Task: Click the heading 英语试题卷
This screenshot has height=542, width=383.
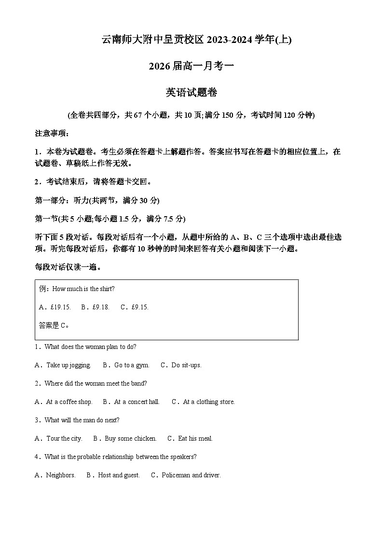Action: (191, 93)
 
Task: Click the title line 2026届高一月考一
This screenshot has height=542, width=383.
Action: (191, 66)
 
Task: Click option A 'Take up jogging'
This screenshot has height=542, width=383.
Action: (63, 365)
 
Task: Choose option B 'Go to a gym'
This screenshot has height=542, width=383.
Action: (126, 365)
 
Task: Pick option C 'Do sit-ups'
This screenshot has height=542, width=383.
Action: (181, 365)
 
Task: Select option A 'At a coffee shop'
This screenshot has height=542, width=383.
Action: (64, 402)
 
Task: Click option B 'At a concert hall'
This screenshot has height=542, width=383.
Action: (131, 402)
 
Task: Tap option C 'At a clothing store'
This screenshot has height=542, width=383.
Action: (204, 402)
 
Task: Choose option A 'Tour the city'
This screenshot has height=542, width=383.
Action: (59, 439)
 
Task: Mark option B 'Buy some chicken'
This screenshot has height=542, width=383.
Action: (125, 439)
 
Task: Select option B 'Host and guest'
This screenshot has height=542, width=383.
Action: (113, 475)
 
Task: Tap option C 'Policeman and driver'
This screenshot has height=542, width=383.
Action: (186, 475)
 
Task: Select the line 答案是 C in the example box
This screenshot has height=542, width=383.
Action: (54, 326)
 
